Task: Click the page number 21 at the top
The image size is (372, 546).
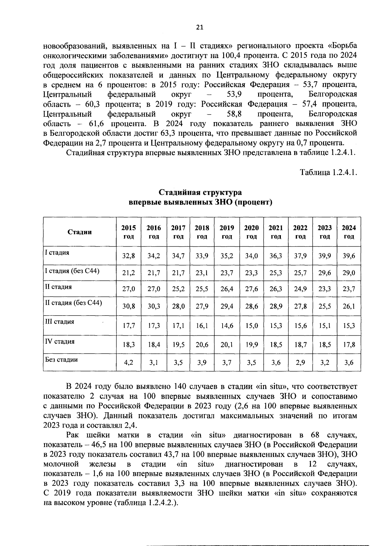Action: pos(200,27)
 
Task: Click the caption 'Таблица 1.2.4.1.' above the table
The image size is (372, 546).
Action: pos(328,172)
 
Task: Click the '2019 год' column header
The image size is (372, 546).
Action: pos(227,232)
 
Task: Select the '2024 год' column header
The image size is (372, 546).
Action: pos(348,232)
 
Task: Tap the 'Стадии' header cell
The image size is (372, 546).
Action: pos(80,232)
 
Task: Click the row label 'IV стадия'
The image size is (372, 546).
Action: pos(60,342)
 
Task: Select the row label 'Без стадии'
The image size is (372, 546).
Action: pos(61,360)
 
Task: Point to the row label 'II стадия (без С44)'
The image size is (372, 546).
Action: pos(73,302)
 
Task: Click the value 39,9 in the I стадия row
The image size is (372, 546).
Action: pos(325,256)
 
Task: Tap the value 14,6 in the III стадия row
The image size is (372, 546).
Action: pos(227,326)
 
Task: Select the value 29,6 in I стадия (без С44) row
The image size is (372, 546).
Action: pos(325,273)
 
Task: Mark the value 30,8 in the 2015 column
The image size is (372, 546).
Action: pos(128,306)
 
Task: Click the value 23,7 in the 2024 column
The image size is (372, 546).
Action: pos(348,289)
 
